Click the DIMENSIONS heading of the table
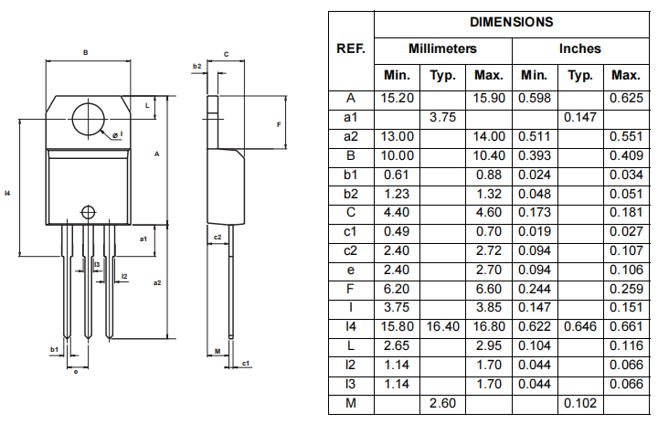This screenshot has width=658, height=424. pyautogui.click(x=511, y=22)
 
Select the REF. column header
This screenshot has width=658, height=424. pyautogui.click(x=351, y=48)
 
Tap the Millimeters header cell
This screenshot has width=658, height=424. pyautogui.click(x=442, y=48)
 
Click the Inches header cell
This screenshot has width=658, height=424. pyautogui.click(x=579, y=48)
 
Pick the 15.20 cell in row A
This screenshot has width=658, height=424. pyautogui.click(x=397, y=98)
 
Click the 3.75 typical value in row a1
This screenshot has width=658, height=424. pyautogui.click(x=442, y=117)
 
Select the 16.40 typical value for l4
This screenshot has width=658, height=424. pyautogui.click(x=442, y=326)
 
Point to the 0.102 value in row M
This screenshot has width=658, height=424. pyautogui.click(x=579, y=403)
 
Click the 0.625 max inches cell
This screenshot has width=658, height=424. pyautogui.click(x=626, y=98)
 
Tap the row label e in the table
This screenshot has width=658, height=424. pyautogui.click(x=351, y=270)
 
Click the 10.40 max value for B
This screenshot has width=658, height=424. pyautogui.click(x=488, y=155)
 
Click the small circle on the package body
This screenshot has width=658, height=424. pyautogui.click(x=88, y=211)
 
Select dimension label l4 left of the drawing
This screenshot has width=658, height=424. pyautogui.click(x=7, y=193)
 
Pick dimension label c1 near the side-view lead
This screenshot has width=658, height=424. pyautogui.click(x=247, y=363)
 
